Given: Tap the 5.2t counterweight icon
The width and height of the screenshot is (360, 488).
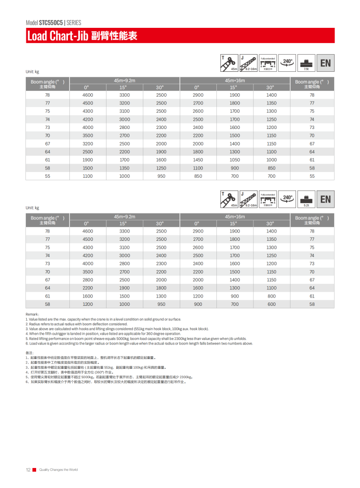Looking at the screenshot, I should point(306,199).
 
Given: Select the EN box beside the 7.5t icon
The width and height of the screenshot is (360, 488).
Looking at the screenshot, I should point(325,63).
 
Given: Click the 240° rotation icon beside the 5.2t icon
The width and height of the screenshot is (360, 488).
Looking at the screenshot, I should point(288,199).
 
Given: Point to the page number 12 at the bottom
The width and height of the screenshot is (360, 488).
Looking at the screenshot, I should point(28,469).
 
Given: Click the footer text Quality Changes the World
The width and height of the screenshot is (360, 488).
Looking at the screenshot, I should point(58,469).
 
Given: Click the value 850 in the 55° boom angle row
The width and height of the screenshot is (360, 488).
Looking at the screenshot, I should point(198,176).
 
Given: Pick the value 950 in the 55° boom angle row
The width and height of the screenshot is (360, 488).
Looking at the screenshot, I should point(161,176).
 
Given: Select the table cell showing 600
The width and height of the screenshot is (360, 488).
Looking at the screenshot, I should point(271,304).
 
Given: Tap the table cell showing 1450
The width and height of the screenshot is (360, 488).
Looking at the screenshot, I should point(198,160).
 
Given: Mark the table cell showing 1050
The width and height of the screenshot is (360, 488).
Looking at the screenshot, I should point(234,160).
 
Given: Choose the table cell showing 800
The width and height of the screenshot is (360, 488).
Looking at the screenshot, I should point(271,296).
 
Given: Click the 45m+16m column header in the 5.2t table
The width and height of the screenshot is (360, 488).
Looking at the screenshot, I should point(234,216).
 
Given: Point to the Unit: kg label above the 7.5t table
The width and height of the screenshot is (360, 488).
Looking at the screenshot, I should point(32,72).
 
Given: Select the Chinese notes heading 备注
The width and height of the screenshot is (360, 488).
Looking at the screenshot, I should point(29,352).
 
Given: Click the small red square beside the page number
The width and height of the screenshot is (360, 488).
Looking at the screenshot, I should point(34,469).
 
